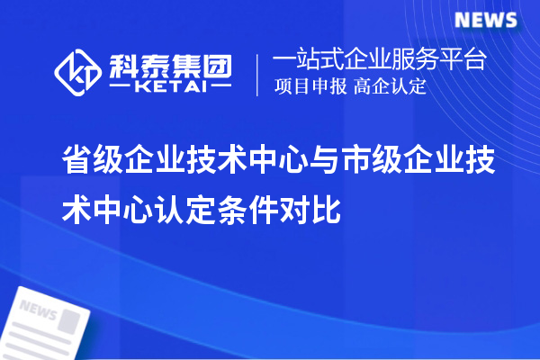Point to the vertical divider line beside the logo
point(258,71)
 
